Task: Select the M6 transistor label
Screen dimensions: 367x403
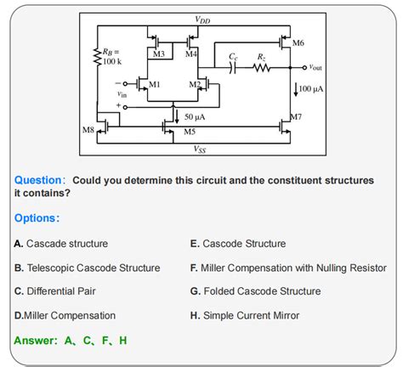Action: pos(298,42)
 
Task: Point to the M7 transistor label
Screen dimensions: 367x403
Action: pos(296,116)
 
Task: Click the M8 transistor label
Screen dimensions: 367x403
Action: pos(88,130)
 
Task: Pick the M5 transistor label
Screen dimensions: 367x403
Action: pos(190,133)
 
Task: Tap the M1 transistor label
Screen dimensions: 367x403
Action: pos(154,85)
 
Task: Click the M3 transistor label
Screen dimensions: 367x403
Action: pos(158,54)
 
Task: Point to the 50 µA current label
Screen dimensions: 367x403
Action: pos(195,116)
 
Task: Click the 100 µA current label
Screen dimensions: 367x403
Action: pos(309,88)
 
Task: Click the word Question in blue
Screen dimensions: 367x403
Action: pos(39,181)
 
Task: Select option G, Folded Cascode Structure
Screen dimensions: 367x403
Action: pos(255,291)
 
